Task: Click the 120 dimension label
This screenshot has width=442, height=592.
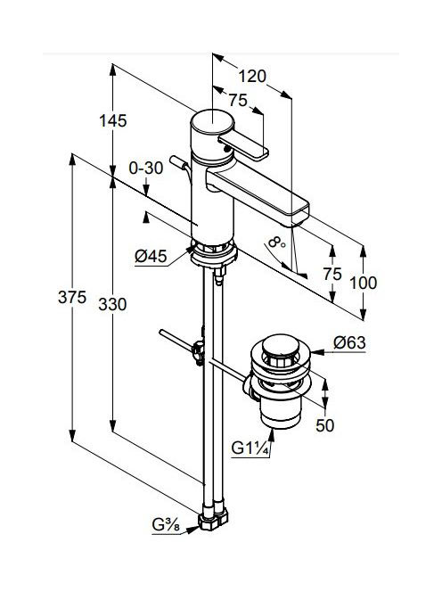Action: tap(252, 77)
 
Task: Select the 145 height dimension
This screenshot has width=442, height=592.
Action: tap(113, 121)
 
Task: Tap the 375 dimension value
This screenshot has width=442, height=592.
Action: tap(72, 298)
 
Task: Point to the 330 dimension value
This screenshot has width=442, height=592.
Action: tap(112, 304)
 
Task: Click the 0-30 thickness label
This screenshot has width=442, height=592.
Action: tap(145, 169)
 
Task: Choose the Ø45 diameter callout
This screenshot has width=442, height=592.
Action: tap(151, 257)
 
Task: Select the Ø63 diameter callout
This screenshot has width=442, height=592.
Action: tap(349, 343)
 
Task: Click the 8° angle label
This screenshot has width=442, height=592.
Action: tap(277, 243)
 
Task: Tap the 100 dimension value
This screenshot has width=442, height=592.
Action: tap(363, 283)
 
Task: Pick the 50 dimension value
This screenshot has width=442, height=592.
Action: tap(325, 425)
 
